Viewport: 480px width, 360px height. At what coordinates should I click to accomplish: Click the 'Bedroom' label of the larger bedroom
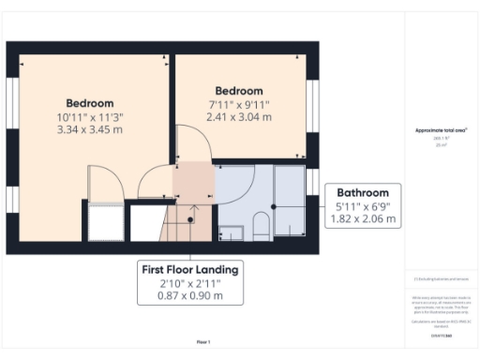tap(90, 103)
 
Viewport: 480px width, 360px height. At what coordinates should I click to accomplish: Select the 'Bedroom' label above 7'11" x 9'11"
tap(239, 92)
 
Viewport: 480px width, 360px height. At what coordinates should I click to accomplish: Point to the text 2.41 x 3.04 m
tap(239, 117)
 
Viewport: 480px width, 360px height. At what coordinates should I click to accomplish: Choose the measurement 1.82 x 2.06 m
tap(364, 219)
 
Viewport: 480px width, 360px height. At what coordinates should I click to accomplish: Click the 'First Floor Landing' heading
tap(189, 270)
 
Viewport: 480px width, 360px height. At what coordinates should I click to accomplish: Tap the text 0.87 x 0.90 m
tap(189, 296)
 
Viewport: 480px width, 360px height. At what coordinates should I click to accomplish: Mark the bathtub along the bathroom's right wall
tap(289, 202)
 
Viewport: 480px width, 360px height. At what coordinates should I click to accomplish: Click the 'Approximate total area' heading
tap(441, 130)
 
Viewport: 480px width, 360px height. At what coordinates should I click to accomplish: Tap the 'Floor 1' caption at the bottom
tap(203, 342)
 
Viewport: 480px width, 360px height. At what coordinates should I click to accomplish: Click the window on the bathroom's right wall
tap(313, 182)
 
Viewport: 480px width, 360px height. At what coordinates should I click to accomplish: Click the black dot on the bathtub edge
tap(274, 205)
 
